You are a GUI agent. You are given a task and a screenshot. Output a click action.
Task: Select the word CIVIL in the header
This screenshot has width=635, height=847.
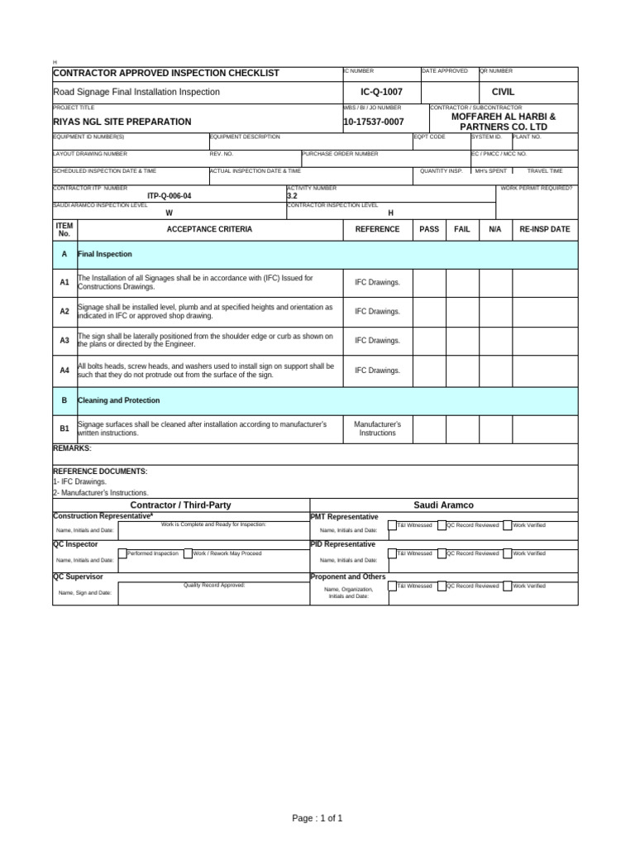click(504, 92)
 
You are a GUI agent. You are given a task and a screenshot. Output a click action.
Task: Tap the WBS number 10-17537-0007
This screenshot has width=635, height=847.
click(374, 122)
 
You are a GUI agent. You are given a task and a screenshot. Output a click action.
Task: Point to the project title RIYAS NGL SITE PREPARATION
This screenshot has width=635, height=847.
click(122, 122)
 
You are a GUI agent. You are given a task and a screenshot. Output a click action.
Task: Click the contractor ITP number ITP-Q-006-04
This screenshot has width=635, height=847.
click(169, 196)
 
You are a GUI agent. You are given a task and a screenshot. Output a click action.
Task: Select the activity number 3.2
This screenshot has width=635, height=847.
click(292, 196)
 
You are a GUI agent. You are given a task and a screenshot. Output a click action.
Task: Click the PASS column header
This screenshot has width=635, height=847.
click(429, 229)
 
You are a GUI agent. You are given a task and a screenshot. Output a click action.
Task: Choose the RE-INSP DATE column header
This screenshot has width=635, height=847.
click(545, 229)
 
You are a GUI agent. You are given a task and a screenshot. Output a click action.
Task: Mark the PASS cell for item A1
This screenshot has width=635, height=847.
click(429, 282)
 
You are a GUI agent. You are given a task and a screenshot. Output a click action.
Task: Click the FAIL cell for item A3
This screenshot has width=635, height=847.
click(462, 341)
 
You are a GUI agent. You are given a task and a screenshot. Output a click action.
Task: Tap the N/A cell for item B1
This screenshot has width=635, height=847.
click(495, 429)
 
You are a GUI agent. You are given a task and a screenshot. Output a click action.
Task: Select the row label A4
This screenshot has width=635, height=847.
click(64, 371)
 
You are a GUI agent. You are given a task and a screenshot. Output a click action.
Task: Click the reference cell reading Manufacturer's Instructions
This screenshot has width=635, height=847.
click(377, 429)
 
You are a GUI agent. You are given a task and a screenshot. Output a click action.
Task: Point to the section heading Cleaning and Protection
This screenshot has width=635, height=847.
click(119, 400)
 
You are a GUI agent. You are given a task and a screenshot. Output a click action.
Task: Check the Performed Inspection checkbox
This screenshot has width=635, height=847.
click(122, 553)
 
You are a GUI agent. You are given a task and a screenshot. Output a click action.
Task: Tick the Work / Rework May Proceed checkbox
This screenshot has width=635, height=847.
click(188, 553)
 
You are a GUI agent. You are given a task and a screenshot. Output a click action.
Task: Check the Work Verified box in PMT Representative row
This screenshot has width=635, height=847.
click(508, 525)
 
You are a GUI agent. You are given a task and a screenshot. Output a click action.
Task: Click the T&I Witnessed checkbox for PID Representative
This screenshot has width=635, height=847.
click(392, 553)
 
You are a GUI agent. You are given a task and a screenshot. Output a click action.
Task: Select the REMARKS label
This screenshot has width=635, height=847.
click(72, 448)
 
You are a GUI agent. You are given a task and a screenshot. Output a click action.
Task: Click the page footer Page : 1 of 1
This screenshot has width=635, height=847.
click(317, 818)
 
